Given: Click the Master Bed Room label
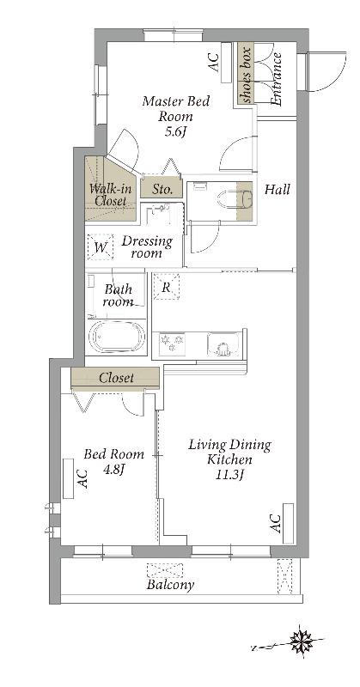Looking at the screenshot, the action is [x=176, y=109].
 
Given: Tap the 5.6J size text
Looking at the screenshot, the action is [x=176, y=132].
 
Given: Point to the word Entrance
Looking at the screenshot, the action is [x=276, y=79].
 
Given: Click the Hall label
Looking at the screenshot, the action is [x=278, y=190].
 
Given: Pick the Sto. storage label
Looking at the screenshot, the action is [x=161, y=190].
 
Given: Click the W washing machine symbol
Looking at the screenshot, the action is [x=101, y=247].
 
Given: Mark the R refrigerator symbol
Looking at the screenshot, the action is [x=166, y=287].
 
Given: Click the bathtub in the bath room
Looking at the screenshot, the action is [x=117, y=336].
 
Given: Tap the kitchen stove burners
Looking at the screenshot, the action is [x=172, y=342].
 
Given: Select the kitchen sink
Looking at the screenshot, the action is [x=223, y=343].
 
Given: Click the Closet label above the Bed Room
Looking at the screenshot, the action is [x=116, y=378].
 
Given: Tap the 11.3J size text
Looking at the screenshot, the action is [x=229, y=475].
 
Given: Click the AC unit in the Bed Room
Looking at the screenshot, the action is [x=69, y=478].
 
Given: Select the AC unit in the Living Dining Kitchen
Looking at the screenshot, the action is [x=288, y=524].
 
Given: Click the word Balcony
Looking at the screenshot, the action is [x=170, y=585].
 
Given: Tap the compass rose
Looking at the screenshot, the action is [x=302, y=642].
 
